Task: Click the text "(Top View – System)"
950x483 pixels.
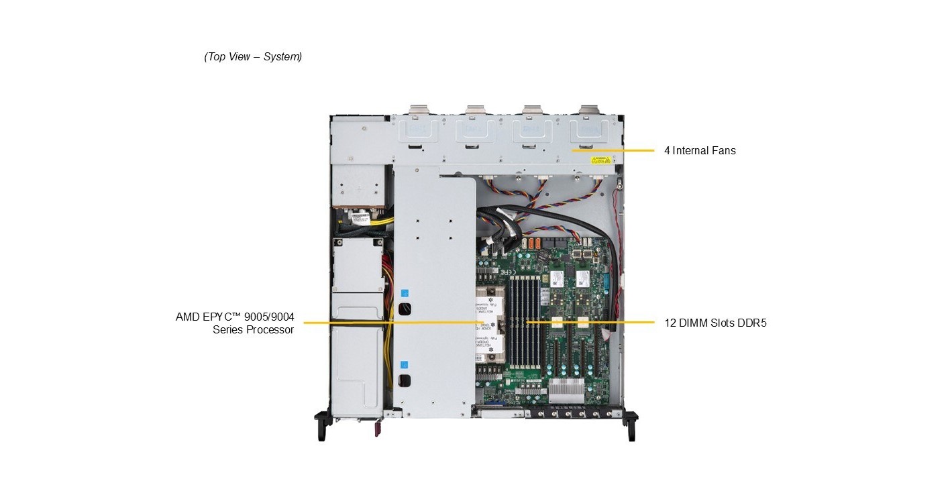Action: (x=253, y=57)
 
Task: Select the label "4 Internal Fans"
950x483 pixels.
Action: (x=700, y=151)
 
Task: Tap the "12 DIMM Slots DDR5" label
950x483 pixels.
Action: (x=715, y=323)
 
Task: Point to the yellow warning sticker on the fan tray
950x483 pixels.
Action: (x=600, y=160)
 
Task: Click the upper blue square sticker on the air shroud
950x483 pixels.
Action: (x=404, y=293)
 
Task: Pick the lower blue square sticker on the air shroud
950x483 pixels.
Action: (x=404, y=366)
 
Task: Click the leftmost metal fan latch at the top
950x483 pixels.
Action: (x=419, y=111)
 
